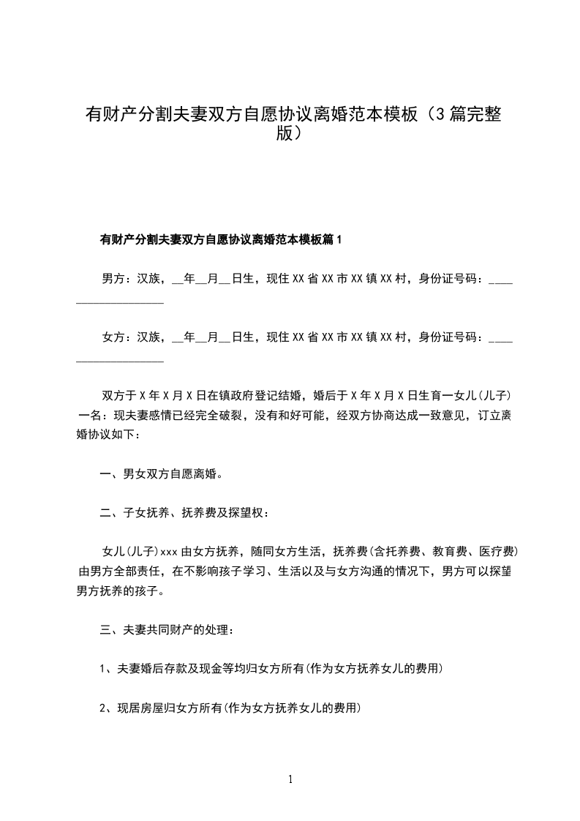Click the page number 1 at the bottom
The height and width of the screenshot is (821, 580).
(290, 779)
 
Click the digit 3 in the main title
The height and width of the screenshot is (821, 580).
(436, 115)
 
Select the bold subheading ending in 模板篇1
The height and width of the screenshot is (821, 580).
(220, 239)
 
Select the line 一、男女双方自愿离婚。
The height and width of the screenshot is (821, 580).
(161, 473)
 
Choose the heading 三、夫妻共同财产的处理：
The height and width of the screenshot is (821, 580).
(167, 629)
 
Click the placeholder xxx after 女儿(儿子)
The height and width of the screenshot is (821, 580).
(169, 552)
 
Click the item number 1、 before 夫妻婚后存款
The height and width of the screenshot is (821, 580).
(105, 669)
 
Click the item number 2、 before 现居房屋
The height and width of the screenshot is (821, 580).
(105, 708)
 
